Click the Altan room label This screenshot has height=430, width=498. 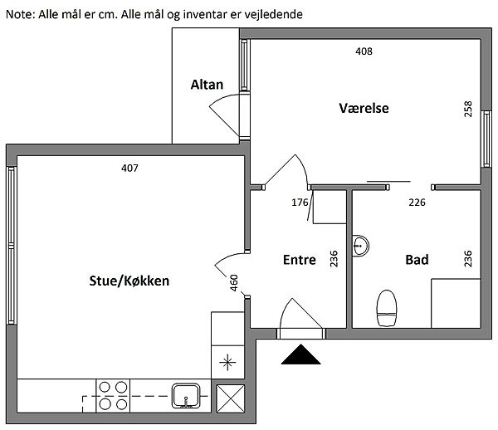tap(205, 84)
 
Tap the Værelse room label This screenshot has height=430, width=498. tap(364, 108)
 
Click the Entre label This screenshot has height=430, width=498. tap(299, 260)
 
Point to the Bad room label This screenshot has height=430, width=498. tap(417, 260)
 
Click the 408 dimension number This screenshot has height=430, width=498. tap(364, 51)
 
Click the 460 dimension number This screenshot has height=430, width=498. tap(234, 282)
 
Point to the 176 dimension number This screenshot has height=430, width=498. tap(300, 202)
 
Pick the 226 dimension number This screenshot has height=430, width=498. tap(417, 202)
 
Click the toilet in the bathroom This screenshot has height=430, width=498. tap(387, 308)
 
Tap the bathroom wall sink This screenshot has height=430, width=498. tap(361, 245)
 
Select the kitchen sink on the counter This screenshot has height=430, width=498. tap(185, 394)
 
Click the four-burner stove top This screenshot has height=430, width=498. tap(114, 395)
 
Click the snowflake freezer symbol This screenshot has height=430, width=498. tap(226, 362)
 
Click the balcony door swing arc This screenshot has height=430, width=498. tap(222, 110)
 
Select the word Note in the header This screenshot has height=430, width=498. tap(18, 14)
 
